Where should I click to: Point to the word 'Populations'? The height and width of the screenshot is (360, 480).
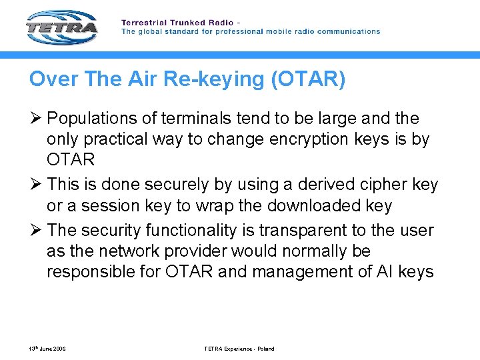pyautogui.click(x=90, y=119)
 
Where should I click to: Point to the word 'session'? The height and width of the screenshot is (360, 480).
pyautogui.click(x=110, y=205)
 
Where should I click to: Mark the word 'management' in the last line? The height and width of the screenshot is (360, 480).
pyautogui.click(x=313, y=272)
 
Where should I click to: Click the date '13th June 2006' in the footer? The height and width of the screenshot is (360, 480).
pyautogui.click(x=47, y=349)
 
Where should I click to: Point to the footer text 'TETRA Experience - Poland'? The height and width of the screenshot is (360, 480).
pyautogui.click(x=239, y=349)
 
